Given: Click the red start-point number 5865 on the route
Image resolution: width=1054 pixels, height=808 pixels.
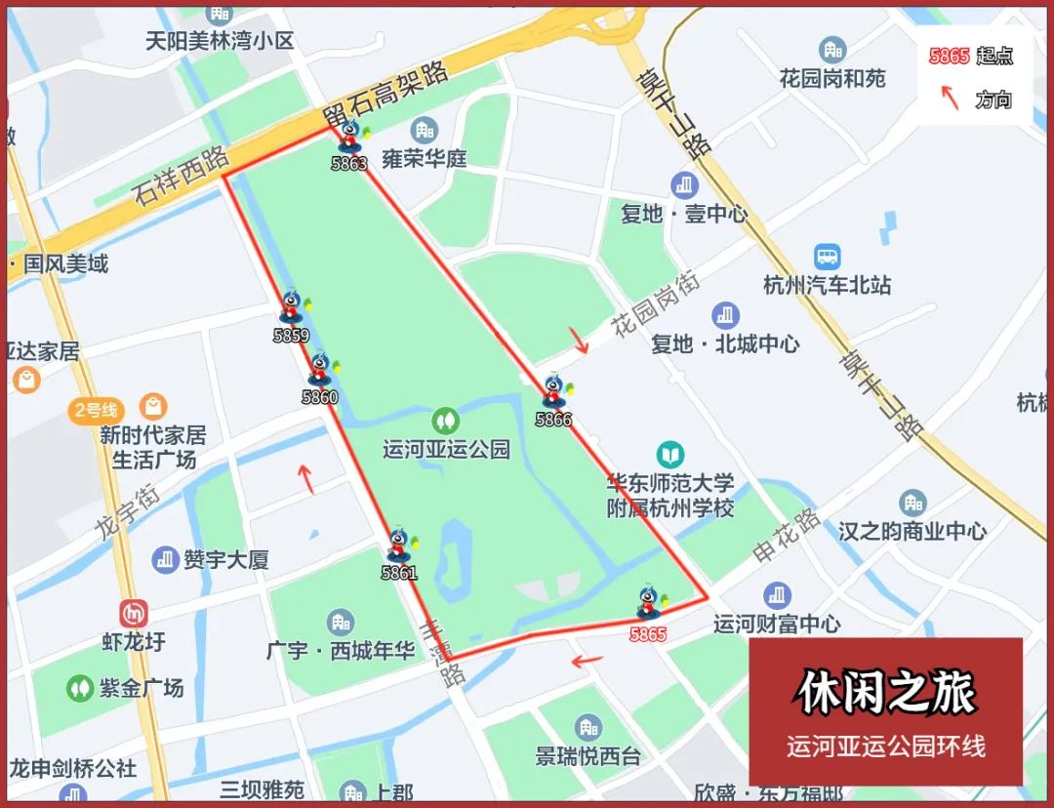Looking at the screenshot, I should [x=648, y=635].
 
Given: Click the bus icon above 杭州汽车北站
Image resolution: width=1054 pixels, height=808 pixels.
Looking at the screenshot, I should [x=828, y=257].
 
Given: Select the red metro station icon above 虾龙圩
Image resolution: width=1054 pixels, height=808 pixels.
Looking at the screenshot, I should [x=133, y=614].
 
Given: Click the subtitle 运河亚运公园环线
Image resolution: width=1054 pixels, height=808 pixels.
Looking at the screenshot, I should [x=885, y=747].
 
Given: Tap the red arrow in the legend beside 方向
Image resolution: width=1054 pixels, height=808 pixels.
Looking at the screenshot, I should [x=949, y=98].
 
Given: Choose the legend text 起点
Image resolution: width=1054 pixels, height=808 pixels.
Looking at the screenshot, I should [x=994, y=56].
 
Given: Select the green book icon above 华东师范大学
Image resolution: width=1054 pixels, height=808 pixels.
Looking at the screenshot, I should [x=669, y=455].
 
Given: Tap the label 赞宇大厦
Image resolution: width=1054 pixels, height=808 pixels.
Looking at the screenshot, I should [x=225, y=560].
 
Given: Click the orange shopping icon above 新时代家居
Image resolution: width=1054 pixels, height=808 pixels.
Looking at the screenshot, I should [x=152, y=405].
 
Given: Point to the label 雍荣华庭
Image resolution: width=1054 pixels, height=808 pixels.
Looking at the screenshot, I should [x=425, y=158].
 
